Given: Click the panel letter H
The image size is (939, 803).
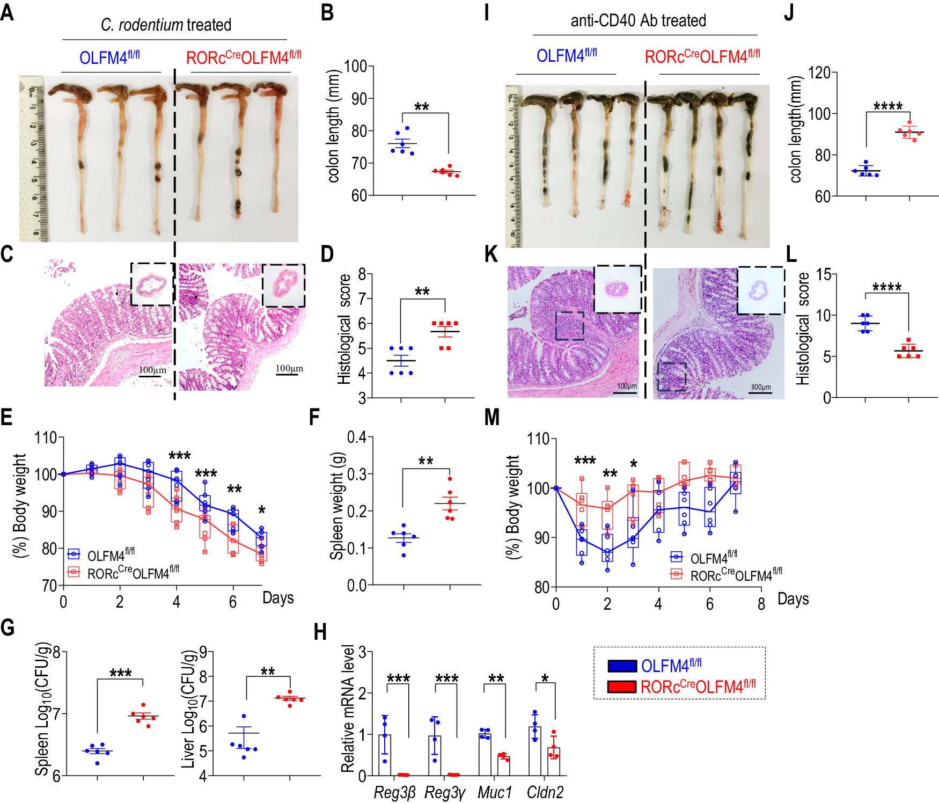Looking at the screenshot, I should pos(320,632).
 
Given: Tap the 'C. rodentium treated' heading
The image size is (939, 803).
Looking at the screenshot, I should pos(166,25).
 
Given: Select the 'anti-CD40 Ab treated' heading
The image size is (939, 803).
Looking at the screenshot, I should pos(638,20).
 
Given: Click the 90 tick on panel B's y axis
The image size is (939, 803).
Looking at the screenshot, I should pos(359,99).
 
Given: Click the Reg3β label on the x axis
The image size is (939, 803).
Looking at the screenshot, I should pos(394,792).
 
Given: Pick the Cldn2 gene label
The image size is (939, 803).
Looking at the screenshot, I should pos(545,792).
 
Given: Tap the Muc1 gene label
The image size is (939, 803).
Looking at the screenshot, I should pos(495,792).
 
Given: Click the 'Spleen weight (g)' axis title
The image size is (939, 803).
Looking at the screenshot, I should pos(337,506).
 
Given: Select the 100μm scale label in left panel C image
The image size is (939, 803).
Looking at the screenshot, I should pos(152,370).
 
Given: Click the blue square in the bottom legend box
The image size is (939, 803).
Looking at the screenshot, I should pos(622,666).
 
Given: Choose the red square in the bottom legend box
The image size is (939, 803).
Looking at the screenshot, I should pos(622,687).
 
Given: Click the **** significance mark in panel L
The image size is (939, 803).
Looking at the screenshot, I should pos(886,287).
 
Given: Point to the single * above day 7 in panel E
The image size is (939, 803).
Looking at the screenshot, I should pos(261,510).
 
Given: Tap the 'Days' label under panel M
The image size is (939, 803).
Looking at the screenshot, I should pos(793,598).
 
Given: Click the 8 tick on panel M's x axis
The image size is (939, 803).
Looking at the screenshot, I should pos(761,604).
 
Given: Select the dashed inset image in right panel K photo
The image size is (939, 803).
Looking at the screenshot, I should pos(761,290).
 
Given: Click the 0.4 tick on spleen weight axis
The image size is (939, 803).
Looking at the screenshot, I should pos(356,437).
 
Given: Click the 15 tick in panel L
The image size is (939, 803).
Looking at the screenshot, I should pos(823,275).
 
